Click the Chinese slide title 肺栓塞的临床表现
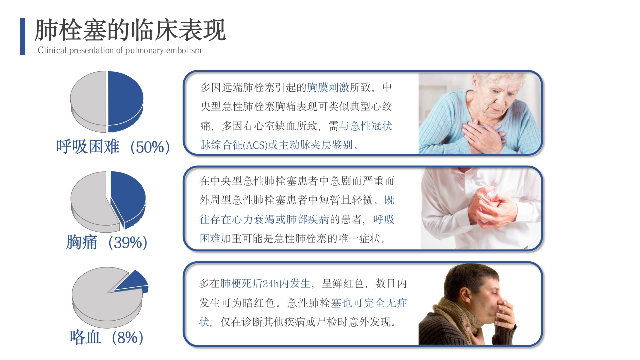click(130, 30)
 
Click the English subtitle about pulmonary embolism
click(119, 50)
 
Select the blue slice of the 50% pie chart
click(125, 101)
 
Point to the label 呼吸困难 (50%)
click(113, 147)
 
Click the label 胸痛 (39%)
click(107, 243)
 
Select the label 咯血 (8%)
click(107, 337)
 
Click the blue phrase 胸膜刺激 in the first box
click(328, 87)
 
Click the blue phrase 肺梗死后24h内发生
click(265, 284)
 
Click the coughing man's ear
click(463, 297)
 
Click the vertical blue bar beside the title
click(23, 36)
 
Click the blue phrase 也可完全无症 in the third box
click(375, 303)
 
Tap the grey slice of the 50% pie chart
click(88, 101)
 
